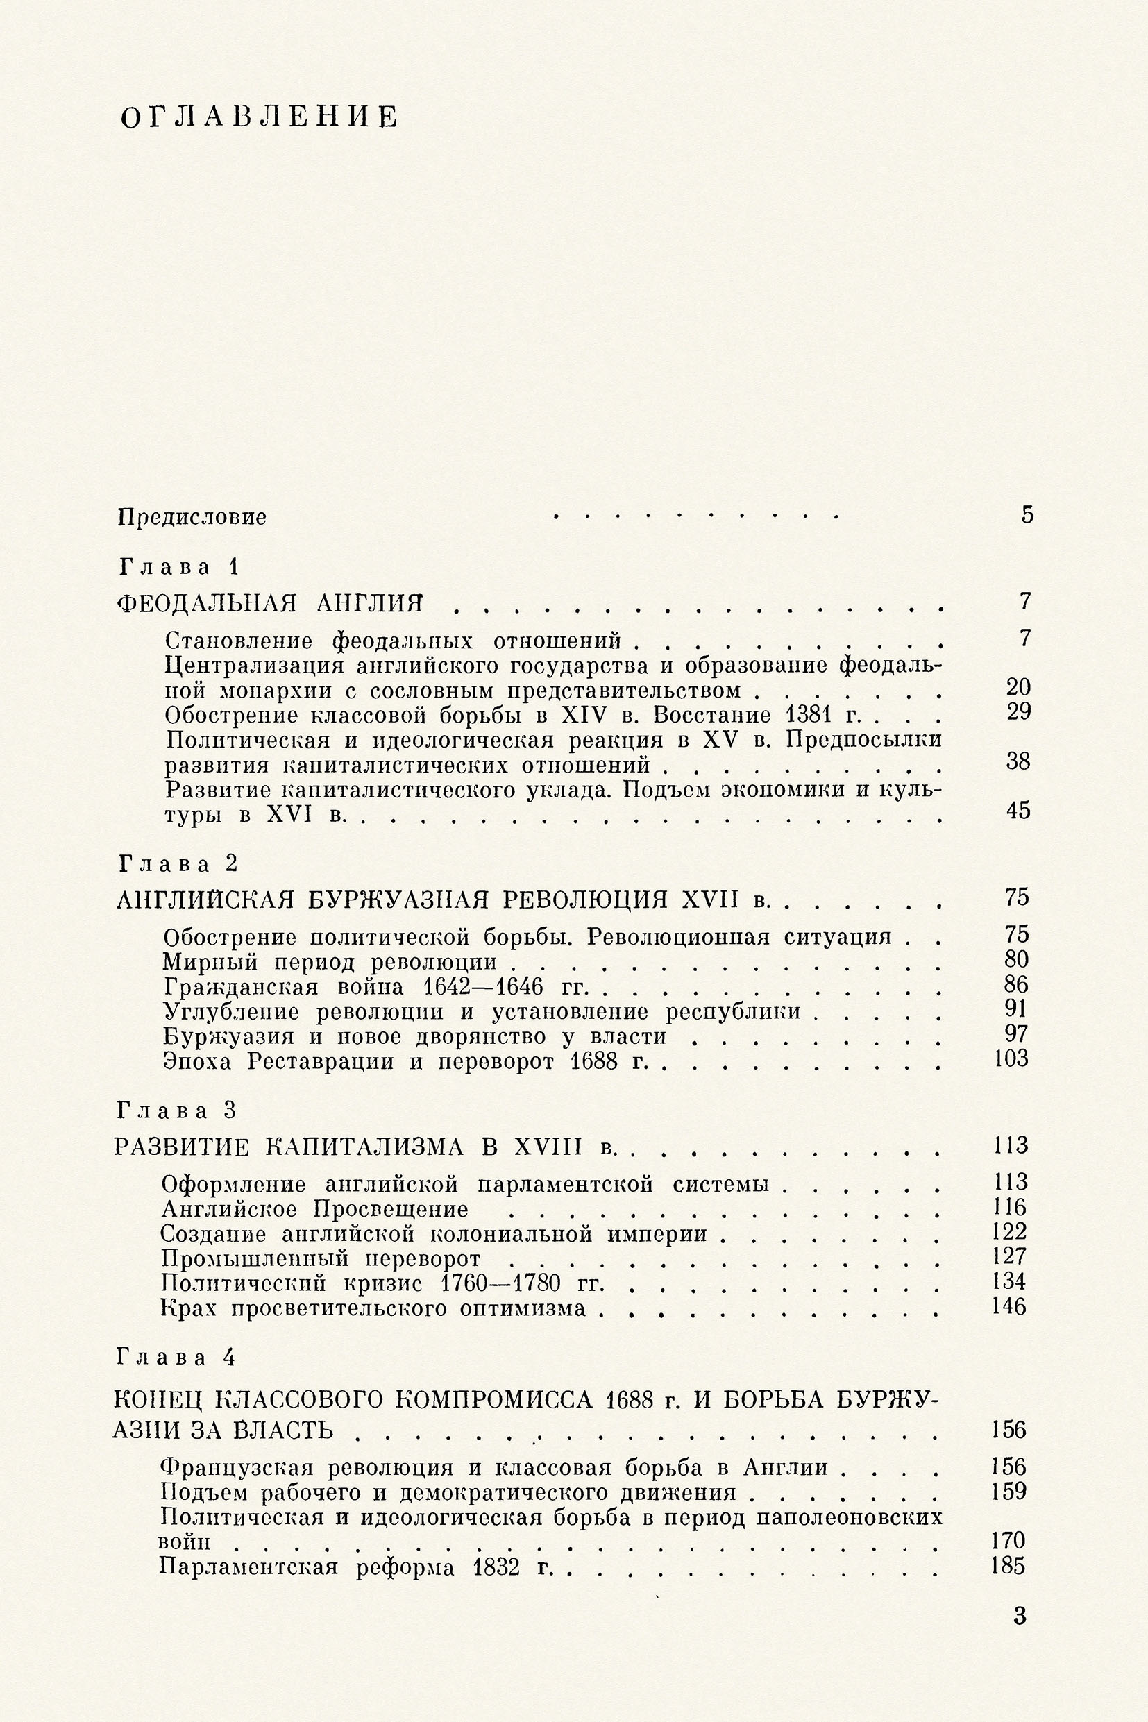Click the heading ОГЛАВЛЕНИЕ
(260, 117)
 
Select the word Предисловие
(192, 518)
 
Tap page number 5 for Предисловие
(1027, 515)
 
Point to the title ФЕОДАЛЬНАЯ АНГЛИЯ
(271, 603)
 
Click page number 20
(1018, 686)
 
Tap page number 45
(1018, 811)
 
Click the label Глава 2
(178, 864)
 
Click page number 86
(1017, 984)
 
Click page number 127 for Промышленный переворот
(1011, 1256)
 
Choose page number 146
(1010, 1306)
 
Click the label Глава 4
(176, 1358)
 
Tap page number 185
(1008, 1567)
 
